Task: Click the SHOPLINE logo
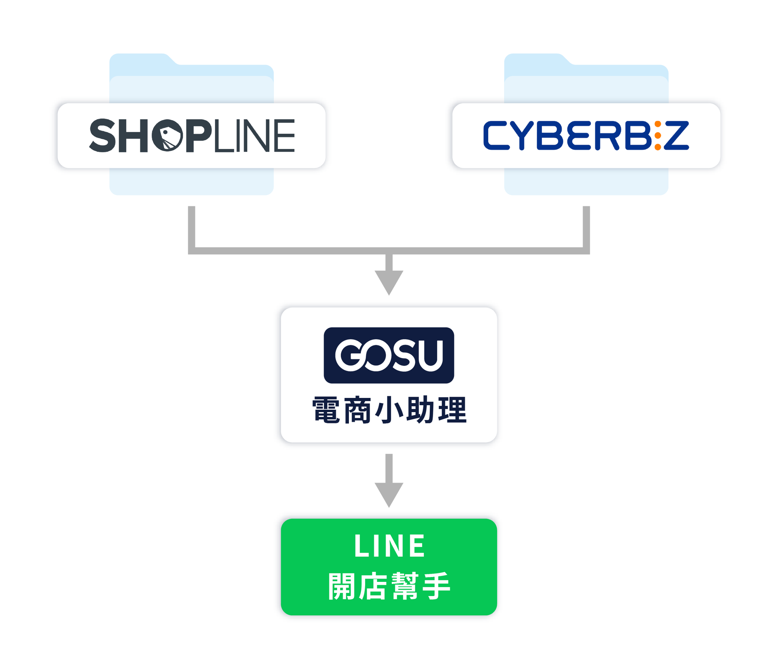(x=192, y=136)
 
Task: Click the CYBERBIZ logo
(x=586, y=136)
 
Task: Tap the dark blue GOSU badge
(x=389, y=355)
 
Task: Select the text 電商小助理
(x=389, y=410)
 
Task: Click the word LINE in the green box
(x=389, y=546)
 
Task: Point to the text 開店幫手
(x=389, y=586)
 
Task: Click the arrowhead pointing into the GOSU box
(x=389, y=282)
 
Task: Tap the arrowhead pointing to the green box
(x=389, y=494)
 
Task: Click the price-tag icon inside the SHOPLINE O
(x=168, y=137)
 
